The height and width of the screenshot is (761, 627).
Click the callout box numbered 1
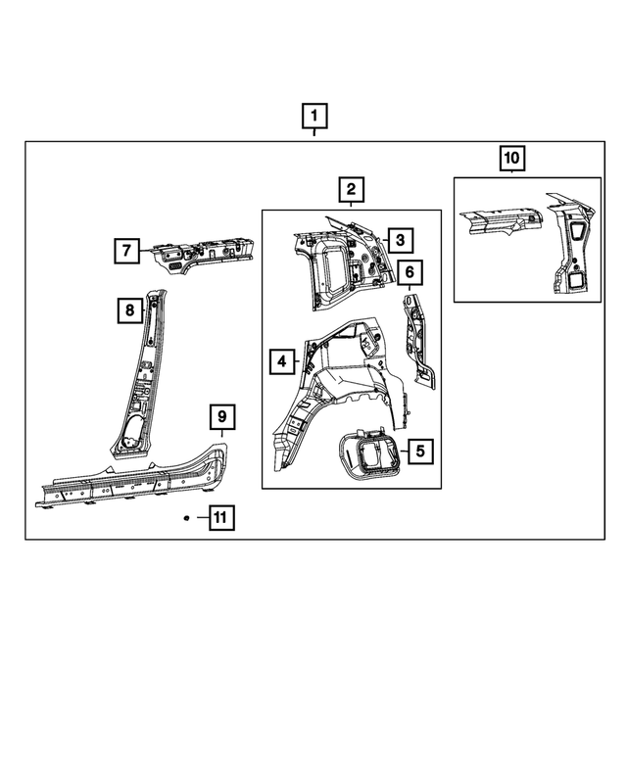coord(313,119)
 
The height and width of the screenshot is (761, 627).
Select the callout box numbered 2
coord(351,190)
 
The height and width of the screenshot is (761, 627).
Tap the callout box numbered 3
coord(400,240)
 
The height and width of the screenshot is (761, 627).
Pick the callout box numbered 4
coord(282,362)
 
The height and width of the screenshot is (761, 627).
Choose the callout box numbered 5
coord(418,452)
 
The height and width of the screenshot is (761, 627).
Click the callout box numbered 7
coord(125,251)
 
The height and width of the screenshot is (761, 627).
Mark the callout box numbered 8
coord(128,311)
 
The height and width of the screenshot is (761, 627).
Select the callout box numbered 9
coord(222,418)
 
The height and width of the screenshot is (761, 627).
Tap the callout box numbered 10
coord(512,157)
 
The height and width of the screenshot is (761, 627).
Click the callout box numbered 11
coord(221,517)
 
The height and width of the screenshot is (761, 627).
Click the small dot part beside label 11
coord(186,517)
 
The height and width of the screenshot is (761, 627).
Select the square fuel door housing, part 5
coord(370,456)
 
